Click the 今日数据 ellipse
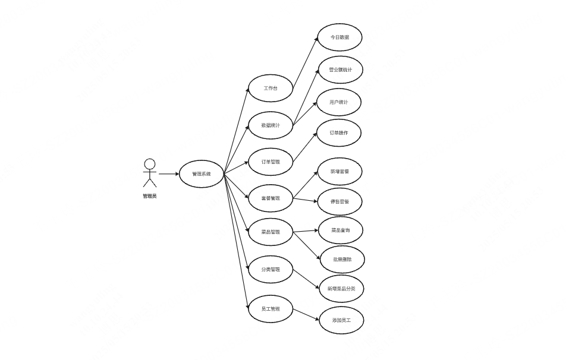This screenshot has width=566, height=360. [339, 37]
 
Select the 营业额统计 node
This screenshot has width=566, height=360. [340, 70]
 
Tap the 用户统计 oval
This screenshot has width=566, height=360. [339, 102]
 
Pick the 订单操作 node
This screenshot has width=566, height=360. [339, 133]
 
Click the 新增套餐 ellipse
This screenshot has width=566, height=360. [339, 172]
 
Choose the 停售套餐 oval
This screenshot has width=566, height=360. [339, 202]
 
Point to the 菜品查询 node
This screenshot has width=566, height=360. [340, 230]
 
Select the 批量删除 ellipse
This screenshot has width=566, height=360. [342, 260]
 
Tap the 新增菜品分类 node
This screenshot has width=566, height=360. [341, 289]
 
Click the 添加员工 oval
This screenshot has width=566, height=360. [341, 320]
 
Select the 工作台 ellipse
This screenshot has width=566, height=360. [271, 89]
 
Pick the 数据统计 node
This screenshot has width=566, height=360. [271, 125]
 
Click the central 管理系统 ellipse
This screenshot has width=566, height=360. [202, 174]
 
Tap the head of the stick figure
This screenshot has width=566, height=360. [150, 164]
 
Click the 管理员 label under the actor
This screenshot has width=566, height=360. [150, 196]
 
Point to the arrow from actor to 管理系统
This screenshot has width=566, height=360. [168, 174]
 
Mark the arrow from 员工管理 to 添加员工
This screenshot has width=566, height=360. [306, 314]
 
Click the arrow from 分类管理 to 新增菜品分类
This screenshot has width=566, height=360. [307, 279]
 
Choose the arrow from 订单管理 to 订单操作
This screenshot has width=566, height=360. [305, 147]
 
